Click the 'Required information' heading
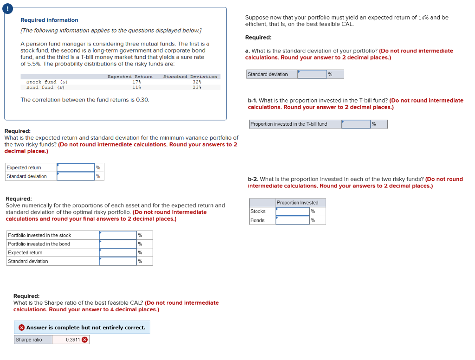tap(49, 20)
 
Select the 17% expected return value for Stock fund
tap(136, 82)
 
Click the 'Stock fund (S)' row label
tap(47, 82)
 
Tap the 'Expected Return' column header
tap(130, 77)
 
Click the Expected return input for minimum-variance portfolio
tap(76, 167)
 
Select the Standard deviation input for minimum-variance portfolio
tap(76, 176)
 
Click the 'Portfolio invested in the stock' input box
tap(118, 235)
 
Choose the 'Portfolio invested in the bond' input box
tap(118, 244)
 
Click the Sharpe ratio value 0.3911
tap(72, 340)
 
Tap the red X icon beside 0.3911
tap(84, 340)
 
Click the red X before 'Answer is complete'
tap(21, 328)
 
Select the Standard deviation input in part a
tap(312, 74)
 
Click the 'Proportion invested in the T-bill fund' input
tap(356, 124)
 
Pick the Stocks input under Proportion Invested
tap(292, 212)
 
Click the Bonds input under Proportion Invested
tap(292, 220)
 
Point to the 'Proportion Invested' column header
tap(297, 203)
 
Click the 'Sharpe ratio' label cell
tap(29, 340)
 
